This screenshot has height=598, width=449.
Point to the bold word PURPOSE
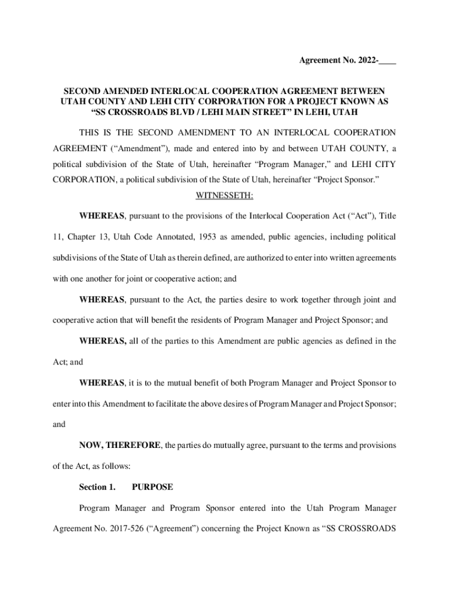[x=152, y=486]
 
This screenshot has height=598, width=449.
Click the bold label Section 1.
[x=97, y=486]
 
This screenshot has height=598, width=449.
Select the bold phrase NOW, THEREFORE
[x=120, y=445]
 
